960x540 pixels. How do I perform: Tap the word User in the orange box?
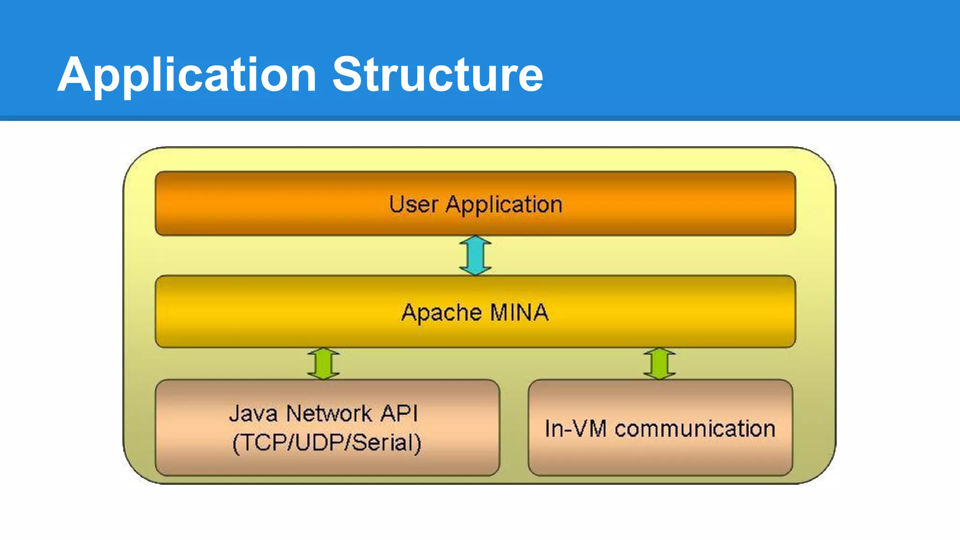[x=413, y=205]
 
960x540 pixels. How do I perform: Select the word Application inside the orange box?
[x=503, y=205]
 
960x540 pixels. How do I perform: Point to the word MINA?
[x=519, y=312]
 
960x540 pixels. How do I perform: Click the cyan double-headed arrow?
[x=475, y=255]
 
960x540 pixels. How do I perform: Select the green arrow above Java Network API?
[x=323, y=364]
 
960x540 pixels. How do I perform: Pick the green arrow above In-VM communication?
[x=660, y=364]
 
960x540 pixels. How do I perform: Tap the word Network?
[x=329, y=413]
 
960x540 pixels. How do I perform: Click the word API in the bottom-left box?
[x=399, y=413]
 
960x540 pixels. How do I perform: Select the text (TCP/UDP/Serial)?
[x=327, y=442]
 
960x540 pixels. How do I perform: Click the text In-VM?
[x=576, y=428]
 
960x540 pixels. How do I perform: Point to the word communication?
[x=695, y=428]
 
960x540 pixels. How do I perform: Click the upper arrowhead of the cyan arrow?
[x=475, y=241]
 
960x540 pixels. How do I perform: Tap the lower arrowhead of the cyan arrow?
[x=475, y=270]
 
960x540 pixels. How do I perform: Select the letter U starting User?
[x=397, y=205]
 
